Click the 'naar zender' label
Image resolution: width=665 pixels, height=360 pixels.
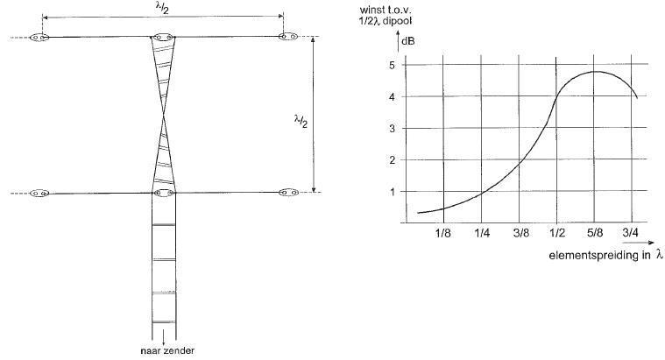click(167, 351)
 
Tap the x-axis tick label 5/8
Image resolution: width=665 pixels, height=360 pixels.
click(595, 233)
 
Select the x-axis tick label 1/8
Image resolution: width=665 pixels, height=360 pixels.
click(442, 233)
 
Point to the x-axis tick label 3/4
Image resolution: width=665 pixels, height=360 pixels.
click(630, 233)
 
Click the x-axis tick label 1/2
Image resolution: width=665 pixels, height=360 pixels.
click(557, 233)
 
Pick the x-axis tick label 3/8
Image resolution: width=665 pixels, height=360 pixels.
click(521, 233)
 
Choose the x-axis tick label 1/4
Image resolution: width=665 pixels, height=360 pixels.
click(482, 233)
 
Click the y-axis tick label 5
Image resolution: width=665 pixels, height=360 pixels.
click(393, 66)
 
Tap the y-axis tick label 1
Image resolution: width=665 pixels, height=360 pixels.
click(393, 192)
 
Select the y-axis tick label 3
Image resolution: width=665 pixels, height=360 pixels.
click(393, 129)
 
